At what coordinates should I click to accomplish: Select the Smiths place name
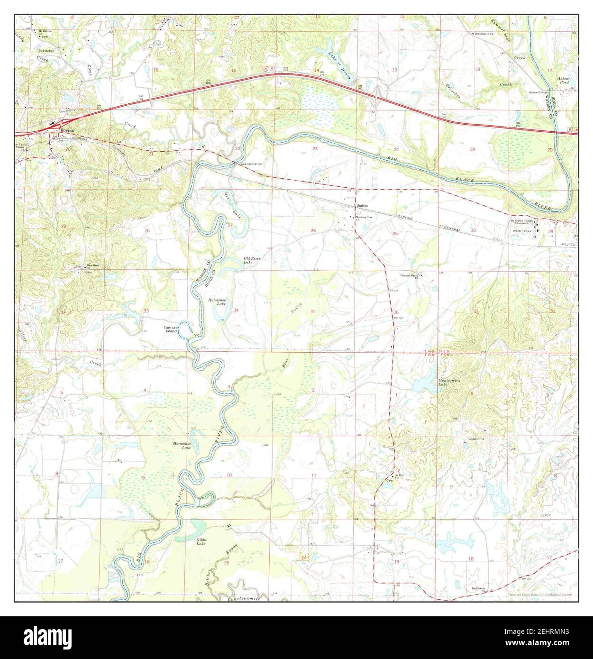(x=362, y=205)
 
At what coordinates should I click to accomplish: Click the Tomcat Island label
(x=170, y=329)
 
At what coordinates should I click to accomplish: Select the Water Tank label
(x=521, y=230)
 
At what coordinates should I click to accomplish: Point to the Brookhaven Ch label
(x=485, y=34)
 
